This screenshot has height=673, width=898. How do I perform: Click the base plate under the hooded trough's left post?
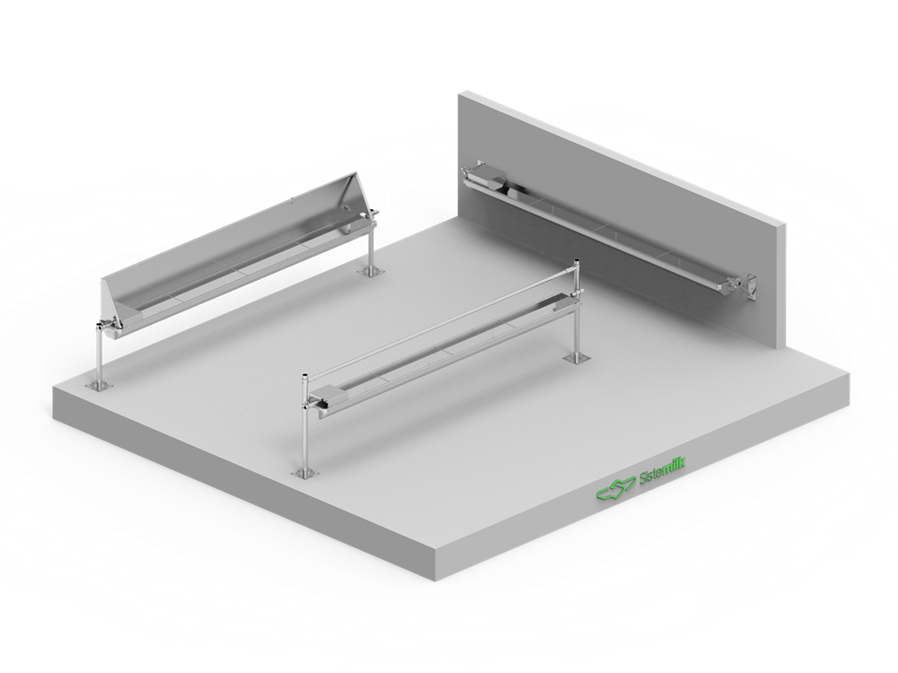pyautogui.click(x=97, y=386)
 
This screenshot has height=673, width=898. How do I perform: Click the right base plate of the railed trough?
pyautogui.click(x=574, y=359)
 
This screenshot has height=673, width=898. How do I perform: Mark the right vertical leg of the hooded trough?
pyautogui.click(x=369, y=245)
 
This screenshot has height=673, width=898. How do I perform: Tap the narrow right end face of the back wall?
pyautogui.click(x=782, y=287)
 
